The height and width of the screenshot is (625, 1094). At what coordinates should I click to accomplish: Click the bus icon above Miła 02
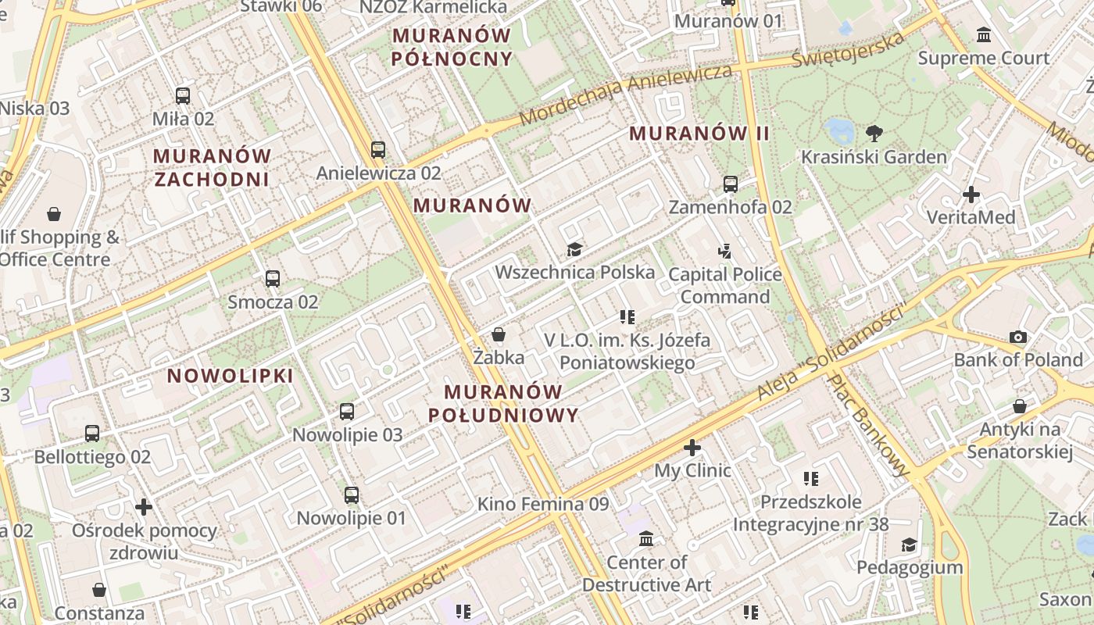(x=183, y=96)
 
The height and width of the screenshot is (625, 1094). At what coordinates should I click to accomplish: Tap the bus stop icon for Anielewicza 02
(x=378, y=149)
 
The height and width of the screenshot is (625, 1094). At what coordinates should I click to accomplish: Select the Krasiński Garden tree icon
(x=874, y=134)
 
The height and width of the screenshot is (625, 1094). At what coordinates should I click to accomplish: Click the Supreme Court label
(x=983, y=58)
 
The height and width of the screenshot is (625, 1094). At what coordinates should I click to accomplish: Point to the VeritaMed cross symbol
(x=971, y=194)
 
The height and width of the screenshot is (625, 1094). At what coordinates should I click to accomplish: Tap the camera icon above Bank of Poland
(x=1017, y=337)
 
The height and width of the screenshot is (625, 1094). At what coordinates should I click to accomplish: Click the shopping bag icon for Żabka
(x=499, y=335)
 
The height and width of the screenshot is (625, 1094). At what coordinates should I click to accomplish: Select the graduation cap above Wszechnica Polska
(x=575, y=249)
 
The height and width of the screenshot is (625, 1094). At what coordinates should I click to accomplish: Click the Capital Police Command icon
(x=725, y=252)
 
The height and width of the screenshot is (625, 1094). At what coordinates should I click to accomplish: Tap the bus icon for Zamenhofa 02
(x=730, y=184)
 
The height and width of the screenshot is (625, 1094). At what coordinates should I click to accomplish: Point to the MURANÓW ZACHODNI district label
(x=212, y=167)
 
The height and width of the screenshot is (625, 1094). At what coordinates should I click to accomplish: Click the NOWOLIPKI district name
(x=231, y=376)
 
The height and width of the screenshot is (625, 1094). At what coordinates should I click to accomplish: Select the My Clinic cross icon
(x=692, y=448)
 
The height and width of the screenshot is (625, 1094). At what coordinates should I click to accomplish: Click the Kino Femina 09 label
(x=543, y=504)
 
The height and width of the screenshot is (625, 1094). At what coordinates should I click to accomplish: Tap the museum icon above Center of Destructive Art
(x=646, y=539)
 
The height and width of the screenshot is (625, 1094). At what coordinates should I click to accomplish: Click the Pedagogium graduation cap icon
(x=909, y=545)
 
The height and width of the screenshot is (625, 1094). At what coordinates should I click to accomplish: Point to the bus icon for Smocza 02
(x=273, y=278)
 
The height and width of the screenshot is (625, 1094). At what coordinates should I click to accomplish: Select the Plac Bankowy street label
(x=869, y=425)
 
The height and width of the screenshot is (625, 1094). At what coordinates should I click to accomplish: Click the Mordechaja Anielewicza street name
(x=626, y=93)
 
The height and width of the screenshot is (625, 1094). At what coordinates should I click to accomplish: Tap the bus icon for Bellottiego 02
(x=92, y=433)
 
